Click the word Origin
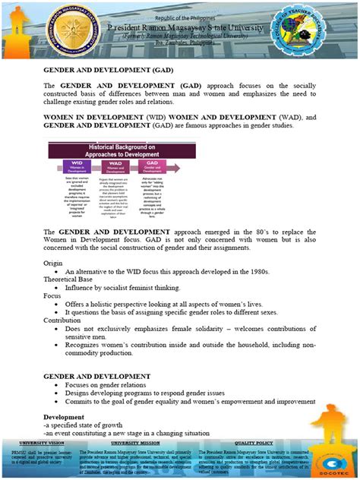tap(53, 262)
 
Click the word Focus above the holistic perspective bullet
tap(52, 295)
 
